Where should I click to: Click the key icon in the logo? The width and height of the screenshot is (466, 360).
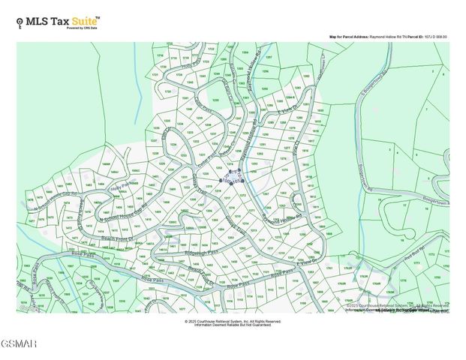pyautogui.click(x=20, y=22)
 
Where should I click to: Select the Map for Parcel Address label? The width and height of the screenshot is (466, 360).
pyautogui.click(x=349, y=37)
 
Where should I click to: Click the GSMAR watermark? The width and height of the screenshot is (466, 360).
pyautogui.click(x=19, y=343)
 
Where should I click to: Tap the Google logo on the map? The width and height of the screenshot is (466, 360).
pyautogui.click(x=29, y=307)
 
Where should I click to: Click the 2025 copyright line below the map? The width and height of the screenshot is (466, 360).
pyautogui.click(x=233, y=321)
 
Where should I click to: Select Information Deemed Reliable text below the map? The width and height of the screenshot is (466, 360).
pyautogui.click(x=233, y=325)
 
